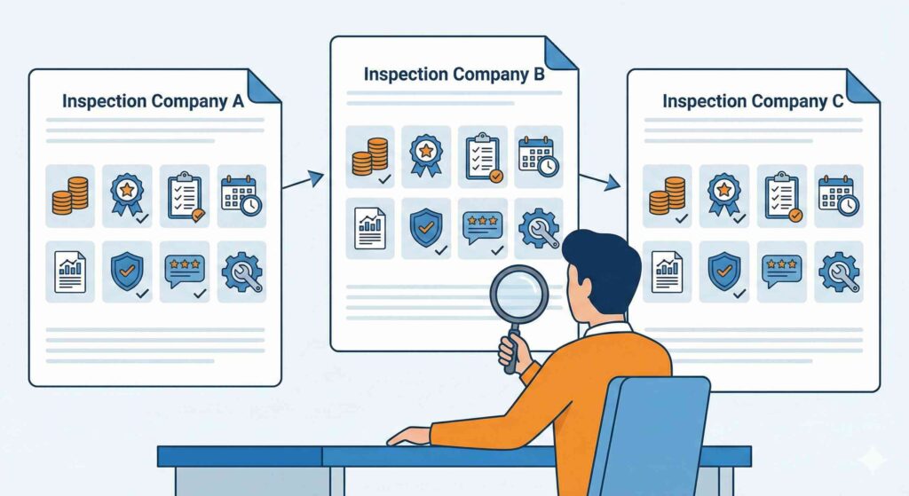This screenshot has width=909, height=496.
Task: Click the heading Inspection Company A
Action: [153, 101]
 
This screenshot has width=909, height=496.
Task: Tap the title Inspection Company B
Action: [454, 75]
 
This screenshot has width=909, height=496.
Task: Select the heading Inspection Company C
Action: [753, 101]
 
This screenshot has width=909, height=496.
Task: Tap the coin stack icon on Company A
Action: [69, 195]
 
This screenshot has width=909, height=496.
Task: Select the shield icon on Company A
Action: [126, 270]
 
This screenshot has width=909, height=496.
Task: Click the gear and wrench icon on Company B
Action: [538, 228]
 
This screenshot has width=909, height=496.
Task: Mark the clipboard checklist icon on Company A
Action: [185, 195]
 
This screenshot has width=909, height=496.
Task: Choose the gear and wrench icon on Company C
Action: [838, 272]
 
